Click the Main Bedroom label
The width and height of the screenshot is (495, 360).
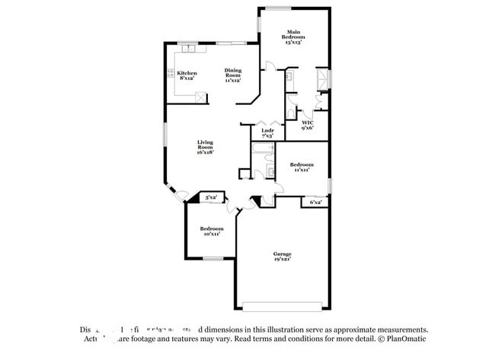[293, 36]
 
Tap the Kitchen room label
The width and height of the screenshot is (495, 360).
[187, 75]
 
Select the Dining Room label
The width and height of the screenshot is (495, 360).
[232, 73]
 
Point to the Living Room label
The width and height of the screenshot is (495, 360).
[205, 146]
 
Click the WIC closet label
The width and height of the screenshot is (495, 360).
[308, 125]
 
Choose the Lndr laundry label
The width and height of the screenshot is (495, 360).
[267, 132]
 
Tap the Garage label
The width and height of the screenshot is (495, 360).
[283, 256]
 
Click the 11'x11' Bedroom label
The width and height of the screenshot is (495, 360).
[301, 167]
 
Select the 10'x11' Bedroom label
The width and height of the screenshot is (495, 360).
[212, 231]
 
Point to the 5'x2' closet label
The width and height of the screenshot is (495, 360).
[211, 198]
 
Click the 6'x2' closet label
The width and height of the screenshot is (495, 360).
[315, 202]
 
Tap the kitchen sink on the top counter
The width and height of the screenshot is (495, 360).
[190, 49]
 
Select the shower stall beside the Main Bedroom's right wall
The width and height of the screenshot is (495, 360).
[323, 78]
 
